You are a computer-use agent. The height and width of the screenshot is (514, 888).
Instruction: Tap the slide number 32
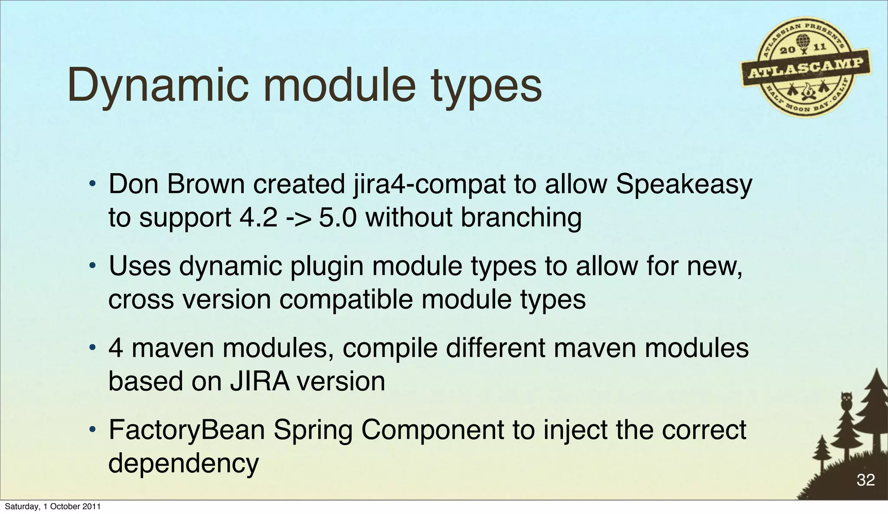(865, 480)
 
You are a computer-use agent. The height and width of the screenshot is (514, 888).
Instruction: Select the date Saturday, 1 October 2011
(52, 507)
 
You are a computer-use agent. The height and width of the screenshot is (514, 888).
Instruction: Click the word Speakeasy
(684, 185)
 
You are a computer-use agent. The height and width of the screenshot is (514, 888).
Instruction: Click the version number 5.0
(338, 217)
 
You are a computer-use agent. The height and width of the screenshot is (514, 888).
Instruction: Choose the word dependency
(183, 463)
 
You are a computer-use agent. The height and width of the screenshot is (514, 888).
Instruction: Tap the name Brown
(206, 184)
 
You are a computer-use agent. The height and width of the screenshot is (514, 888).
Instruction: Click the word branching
(521, 217)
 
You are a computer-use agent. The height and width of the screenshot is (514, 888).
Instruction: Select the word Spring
(313, 431)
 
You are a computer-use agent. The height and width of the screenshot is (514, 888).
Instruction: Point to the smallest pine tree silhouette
(821, 451)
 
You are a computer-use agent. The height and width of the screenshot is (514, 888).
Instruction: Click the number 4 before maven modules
(116, 348)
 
